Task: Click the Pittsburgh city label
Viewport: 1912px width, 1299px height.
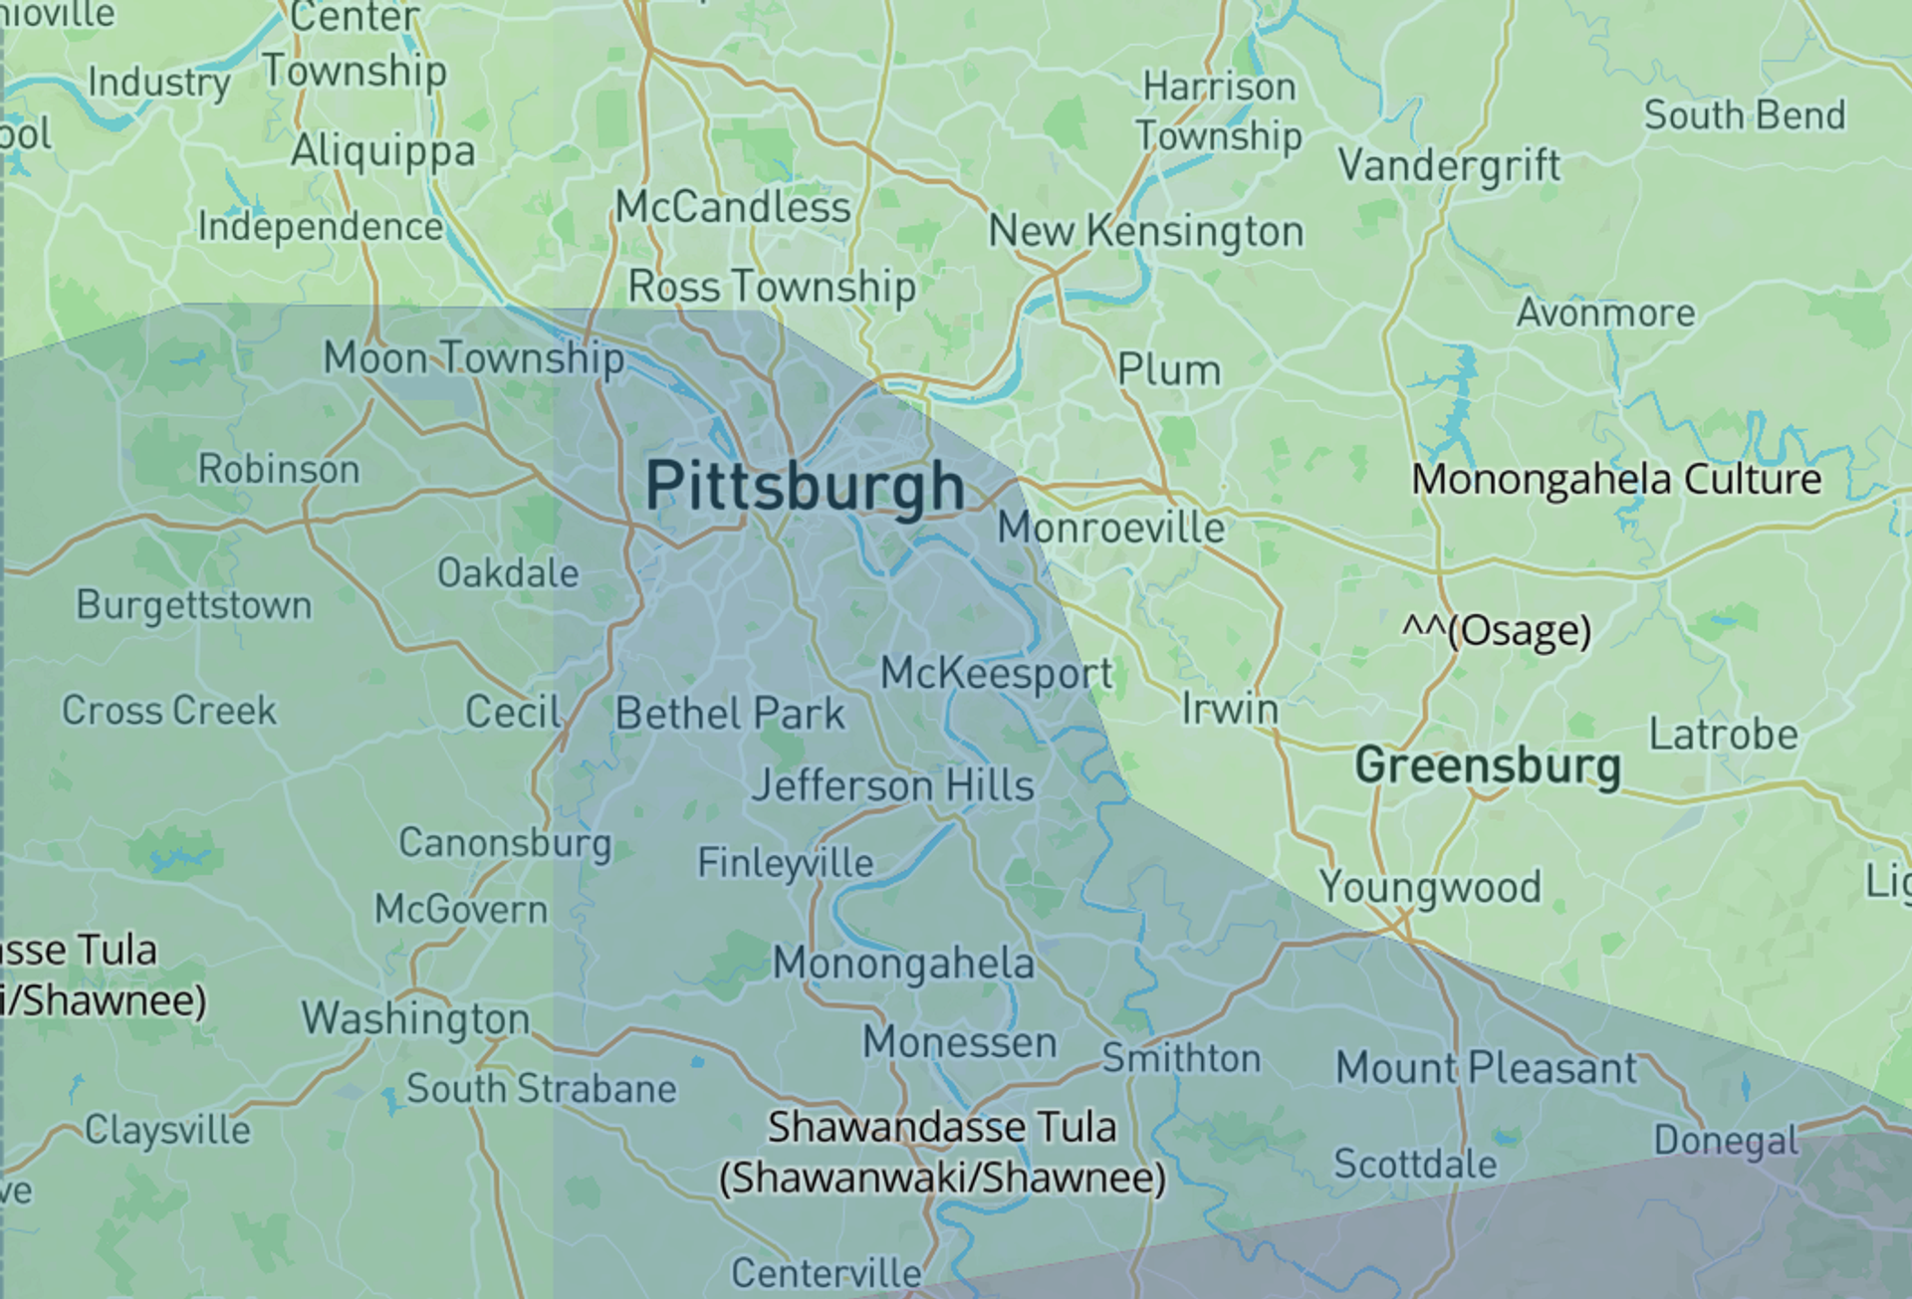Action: (x=805, y=487)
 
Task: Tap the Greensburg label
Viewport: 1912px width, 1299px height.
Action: (x=1488, y=766)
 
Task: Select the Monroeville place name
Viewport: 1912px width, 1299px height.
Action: (x=1111, y=528)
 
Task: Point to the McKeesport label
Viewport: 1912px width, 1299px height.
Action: (x=997, y=674)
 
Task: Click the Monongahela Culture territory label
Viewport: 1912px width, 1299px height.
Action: (x=1616, y=480)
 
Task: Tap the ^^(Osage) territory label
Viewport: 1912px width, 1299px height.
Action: (x=1497, y=630)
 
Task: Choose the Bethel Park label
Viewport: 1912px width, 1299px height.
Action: (x=730, y=714)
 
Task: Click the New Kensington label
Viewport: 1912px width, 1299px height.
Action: (x=1146, y=232)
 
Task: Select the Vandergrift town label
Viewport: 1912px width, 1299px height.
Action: (x=1449, y=165)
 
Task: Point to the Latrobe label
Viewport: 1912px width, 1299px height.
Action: (x=1723, y=736)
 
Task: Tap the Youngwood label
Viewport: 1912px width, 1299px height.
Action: (x=1430, y=887)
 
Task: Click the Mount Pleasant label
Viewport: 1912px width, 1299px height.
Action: (x=1486, y=1068)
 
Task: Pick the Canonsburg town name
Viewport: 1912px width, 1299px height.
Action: (x=505, y=844)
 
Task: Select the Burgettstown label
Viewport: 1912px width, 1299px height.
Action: (x=194, y=605)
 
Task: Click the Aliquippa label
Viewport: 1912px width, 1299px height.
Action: (x=383, y=151)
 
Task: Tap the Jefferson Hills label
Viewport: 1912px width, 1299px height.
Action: (x=893, y=786)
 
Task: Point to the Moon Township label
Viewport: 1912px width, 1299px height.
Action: (x=474, y=358)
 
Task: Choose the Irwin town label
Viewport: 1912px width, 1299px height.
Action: (x=1230, y=710)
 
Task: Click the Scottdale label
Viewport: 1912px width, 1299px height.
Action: (x=1415, y=1164)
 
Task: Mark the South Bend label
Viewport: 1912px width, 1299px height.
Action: (x=1745, y=115)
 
